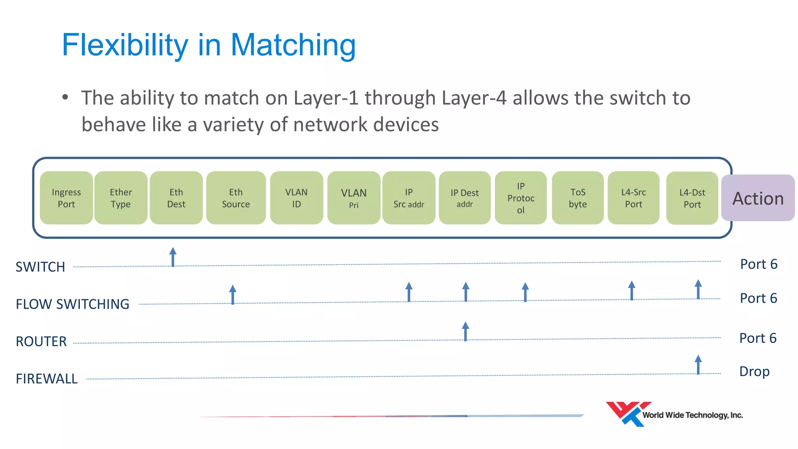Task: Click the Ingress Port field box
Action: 66,198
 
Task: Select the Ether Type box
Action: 121,198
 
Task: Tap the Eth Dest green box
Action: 176,198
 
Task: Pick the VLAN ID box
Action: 297,198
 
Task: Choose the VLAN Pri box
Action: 354,198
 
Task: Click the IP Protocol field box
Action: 521,198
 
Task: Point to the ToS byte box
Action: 578,198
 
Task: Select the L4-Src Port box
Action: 634,198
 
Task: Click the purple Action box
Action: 758,198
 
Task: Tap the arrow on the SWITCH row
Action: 173,257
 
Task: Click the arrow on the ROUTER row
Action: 465,331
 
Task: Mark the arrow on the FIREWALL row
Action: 698,365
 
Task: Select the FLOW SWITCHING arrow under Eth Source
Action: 233,295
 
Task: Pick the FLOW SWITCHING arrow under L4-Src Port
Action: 632,291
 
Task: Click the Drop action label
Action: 754,371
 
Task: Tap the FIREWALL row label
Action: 47,379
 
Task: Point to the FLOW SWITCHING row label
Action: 72,304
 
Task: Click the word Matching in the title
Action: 293,45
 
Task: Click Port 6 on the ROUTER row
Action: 758,338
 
